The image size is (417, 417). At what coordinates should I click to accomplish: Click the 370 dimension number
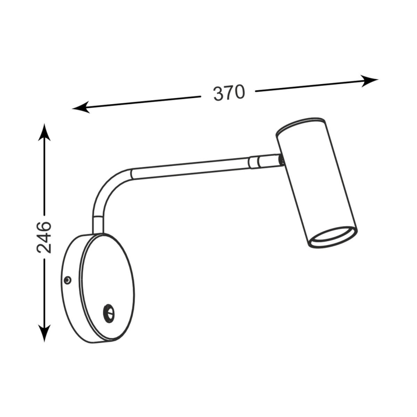[x=229, y=93]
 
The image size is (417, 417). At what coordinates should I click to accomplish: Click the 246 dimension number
[x=44, y=237]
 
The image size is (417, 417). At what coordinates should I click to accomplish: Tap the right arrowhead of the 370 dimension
[x=369, y=81]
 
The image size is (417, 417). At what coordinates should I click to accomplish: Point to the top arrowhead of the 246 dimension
[x=44, y=132]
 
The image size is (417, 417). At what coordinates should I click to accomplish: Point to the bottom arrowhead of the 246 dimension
[x=44, y=333]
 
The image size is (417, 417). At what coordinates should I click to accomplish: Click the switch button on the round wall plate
[x=109, y=313]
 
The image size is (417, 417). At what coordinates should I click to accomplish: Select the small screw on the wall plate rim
[x=68, y=280]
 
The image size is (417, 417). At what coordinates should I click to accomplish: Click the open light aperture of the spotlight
[x=333, y=237]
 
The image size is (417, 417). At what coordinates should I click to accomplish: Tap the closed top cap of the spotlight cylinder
[x=301, y=125]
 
